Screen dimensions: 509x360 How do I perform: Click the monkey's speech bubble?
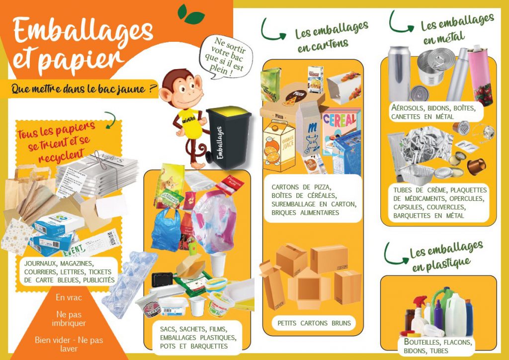coord(226,57)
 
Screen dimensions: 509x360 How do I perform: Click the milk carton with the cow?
coord(308,129)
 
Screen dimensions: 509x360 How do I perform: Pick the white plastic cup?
coord(218,264)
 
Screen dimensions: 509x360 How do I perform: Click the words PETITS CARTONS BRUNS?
coord(314,323)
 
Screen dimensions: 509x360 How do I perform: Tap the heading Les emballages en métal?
coord(454,28)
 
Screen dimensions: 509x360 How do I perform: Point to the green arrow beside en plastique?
coord(394,255)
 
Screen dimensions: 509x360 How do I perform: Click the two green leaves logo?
coord(191,14)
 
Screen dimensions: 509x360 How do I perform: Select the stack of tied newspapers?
coord(98,172)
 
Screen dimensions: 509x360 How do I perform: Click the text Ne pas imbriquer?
coord(69,318)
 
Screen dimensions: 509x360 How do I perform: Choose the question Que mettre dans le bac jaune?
coord(84,89)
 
